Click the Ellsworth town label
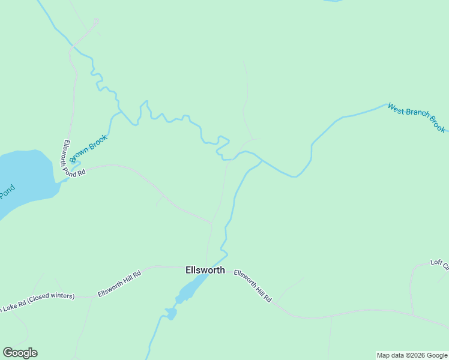tap(205, 270)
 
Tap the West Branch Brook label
tap(416, 118)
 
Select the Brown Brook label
tap(88, 148)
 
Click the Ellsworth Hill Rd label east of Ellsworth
tap(253, 286)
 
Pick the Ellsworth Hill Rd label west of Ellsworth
tap(119, 283)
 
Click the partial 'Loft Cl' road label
tap(439, 264)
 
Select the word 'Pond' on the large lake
tap(7, 194)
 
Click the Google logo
tap(20, 353)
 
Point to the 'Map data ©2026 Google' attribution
tap(412, 355)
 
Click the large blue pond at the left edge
tap(24, 177)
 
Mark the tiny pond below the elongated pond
tap(172, 313)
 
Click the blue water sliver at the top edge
tap(332, 1)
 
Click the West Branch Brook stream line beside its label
tap(360, 113)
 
